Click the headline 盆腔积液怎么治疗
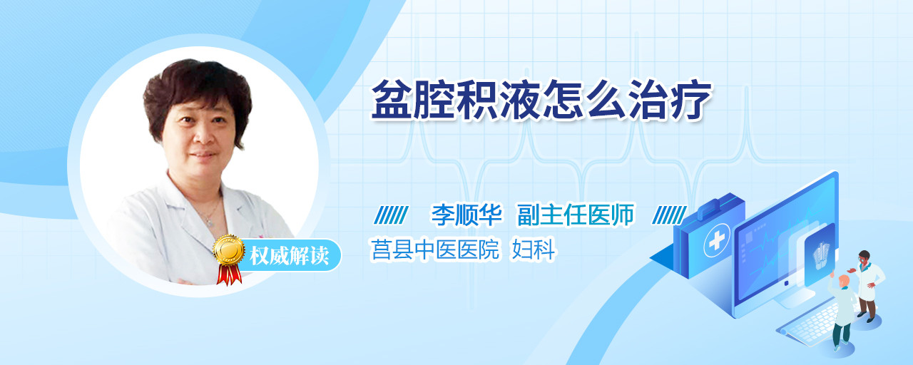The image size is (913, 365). (x=541, y=100)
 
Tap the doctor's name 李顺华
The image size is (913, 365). (x=467, y=215)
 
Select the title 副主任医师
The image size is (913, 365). (x=576, y=215)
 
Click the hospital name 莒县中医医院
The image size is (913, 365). (x=435, y=250)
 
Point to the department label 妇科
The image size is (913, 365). (x=534, y=250)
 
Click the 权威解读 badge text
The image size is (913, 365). (x=289, y=255)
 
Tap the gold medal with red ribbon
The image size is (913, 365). (x=229, y=259)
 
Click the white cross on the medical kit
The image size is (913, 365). (x=716, y=241)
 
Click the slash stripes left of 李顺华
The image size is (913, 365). (x=391, y=215)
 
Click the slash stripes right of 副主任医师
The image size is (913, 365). (x=669, y=215)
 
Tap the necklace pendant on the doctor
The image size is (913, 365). (x=210, y=222)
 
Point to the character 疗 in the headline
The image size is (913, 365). (x=691, y=100)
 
